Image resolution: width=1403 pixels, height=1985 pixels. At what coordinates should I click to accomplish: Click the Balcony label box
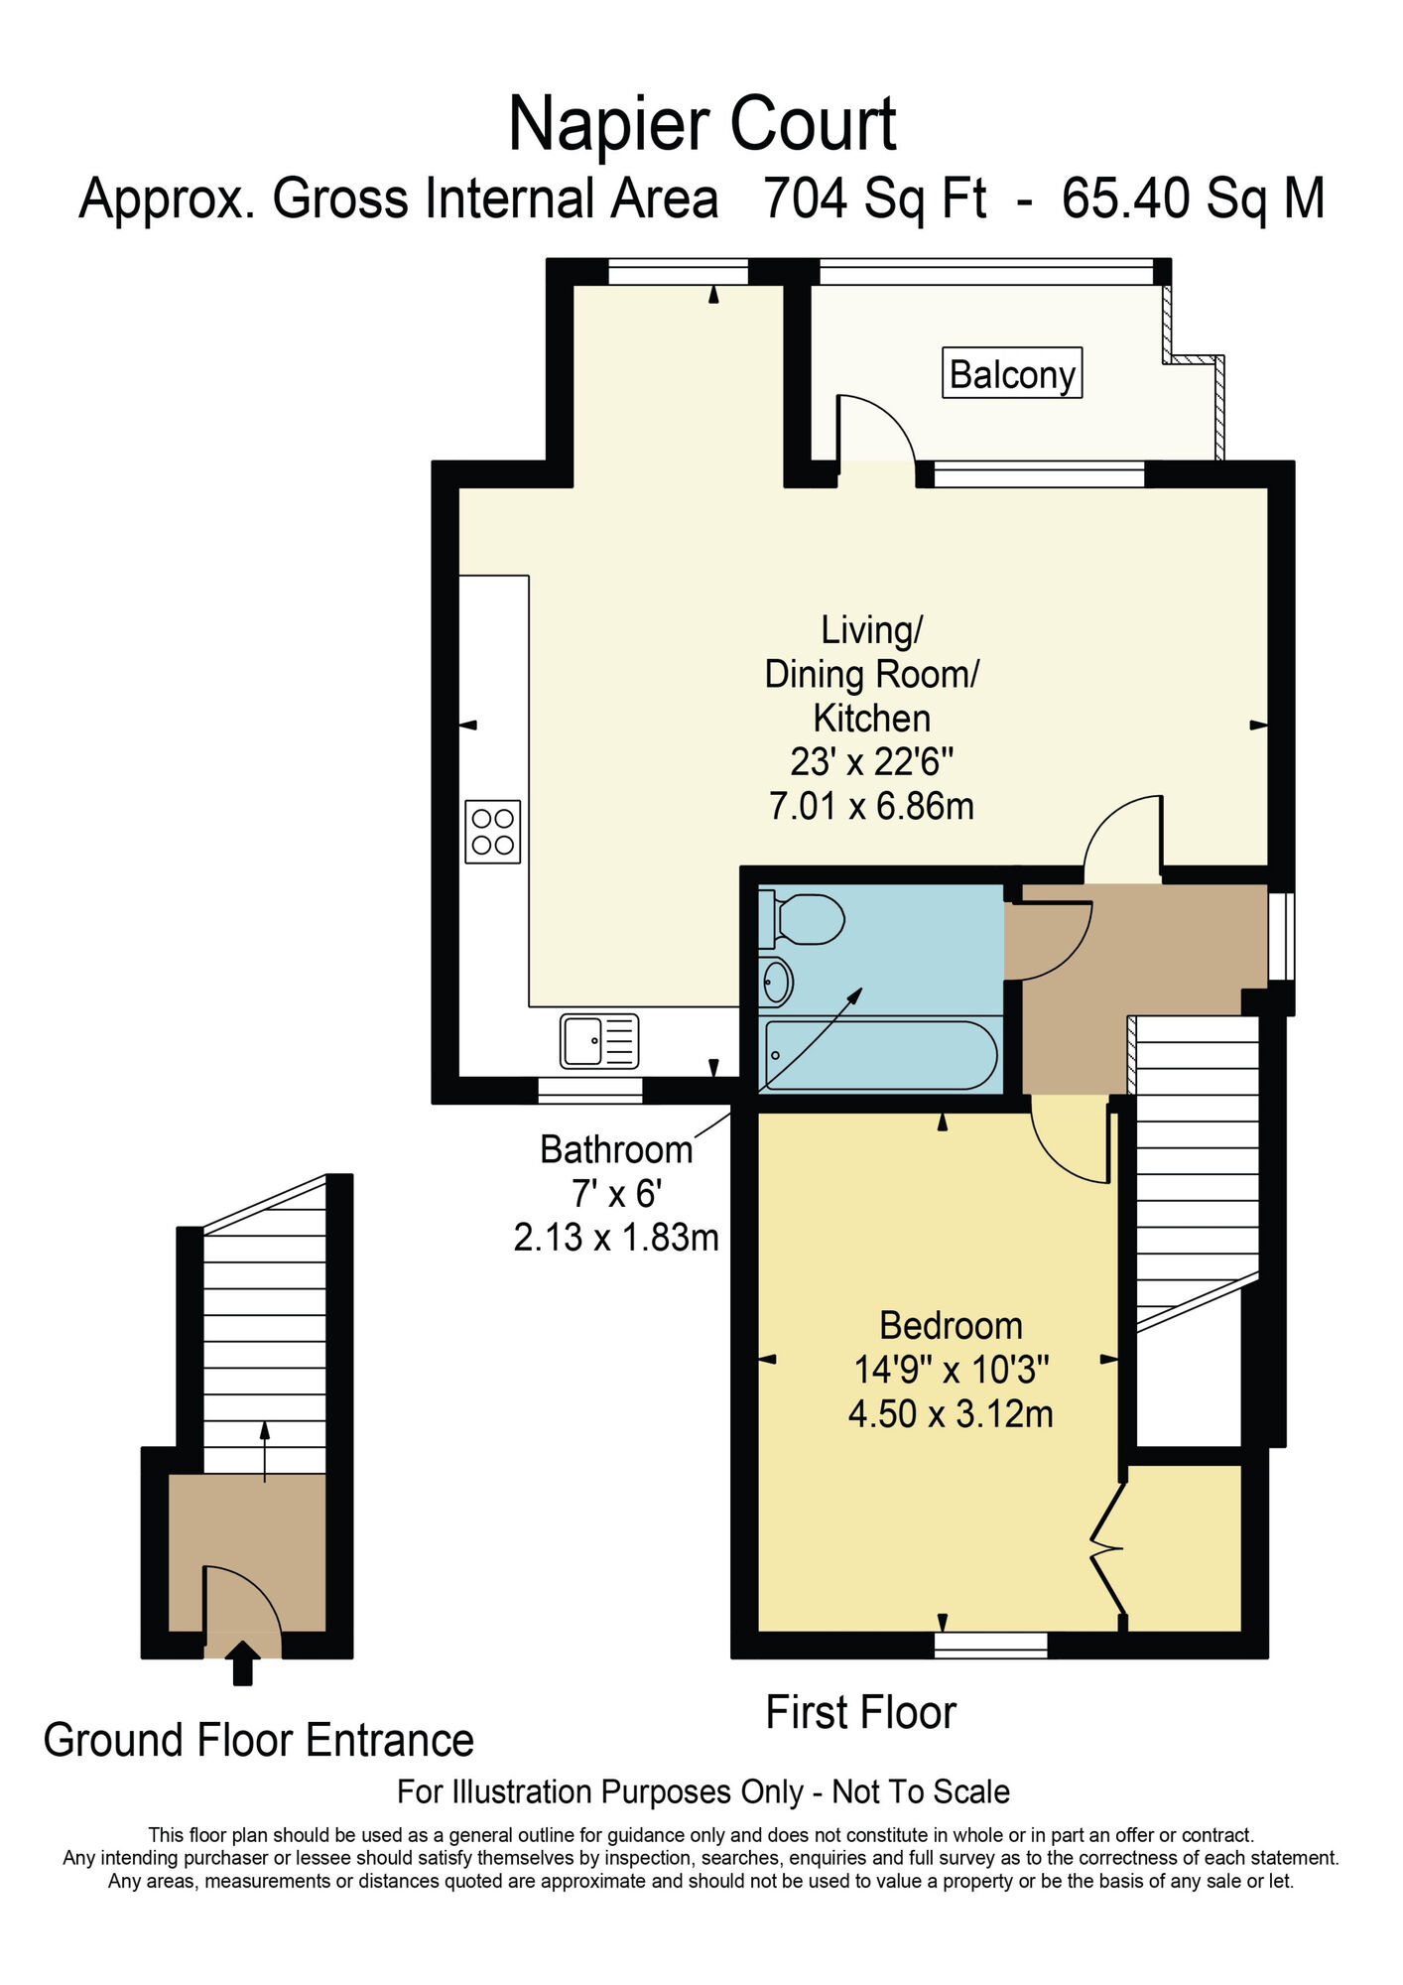pos(1011,373)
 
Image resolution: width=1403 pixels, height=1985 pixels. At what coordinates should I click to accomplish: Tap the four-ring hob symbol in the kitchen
pos(492,831)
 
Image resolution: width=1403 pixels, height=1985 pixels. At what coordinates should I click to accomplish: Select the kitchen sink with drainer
pos(598,1040)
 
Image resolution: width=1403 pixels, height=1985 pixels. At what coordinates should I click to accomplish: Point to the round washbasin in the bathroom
pos(776,983)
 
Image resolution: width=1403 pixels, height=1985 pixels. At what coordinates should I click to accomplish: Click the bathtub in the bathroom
pos(880,1055)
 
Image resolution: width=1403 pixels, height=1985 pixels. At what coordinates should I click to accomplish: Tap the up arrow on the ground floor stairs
pos(264,1450)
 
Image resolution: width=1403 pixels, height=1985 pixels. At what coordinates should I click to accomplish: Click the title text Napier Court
pos(701,124)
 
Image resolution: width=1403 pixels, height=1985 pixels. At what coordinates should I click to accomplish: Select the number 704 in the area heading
pos(805,198)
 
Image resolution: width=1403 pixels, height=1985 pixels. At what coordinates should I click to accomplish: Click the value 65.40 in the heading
pos(1125,198)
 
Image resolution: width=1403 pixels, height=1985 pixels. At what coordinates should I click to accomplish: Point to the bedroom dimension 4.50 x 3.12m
pos(950,1413)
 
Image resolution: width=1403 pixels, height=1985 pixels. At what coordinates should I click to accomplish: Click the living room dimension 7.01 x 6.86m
pos(871,805)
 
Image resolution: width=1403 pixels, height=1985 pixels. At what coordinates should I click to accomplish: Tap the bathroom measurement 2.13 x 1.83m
pos(615,1238)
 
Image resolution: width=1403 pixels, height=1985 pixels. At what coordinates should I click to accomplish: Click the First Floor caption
pos(860,1713)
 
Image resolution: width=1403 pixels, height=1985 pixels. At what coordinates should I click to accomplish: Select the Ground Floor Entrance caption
pos(258,1741)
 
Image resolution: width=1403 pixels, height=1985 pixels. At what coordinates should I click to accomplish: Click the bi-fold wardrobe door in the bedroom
pos(1107,1547)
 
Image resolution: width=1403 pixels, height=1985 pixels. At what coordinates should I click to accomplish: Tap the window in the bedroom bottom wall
pos(990,1646)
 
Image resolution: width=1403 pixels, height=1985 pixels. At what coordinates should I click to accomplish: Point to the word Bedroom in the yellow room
pos(950,1326)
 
